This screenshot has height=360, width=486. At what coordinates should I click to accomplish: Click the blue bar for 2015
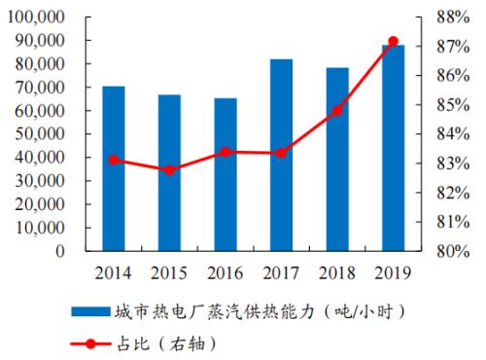pyautogui.click(x=169, y=172)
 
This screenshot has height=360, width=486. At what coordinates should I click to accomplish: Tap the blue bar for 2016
pyautogui.click(x=226, y=174)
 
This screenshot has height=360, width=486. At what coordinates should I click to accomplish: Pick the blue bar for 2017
pyautogui.click(x=281, y=155)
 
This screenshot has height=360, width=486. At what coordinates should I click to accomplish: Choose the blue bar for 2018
pyautogui.click(x=337, y=159)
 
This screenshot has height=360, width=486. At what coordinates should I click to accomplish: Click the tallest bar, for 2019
pyautogui.click(x=393, y=148)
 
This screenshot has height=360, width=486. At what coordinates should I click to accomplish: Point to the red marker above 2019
pyautogui.click(x=393, y=41)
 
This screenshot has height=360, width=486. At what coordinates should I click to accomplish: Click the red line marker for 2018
pyautogui.click(x=337, y=110)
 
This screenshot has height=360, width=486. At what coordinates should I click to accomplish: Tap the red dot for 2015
pyautogui.click(x=169, y=169)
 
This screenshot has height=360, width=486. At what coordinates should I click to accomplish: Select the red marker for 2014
pyautogui.click(x=114, y=160)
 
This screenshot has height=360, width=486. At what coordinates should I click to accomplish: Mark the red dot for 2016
pyautogui.click(x=226, y=152)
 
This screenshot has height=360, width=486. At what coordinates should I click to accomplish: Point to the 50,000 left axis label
pyautogui.click(x=39, y=134)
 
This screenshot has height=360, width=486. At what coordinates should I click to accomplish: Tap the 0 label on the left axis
pyautogui.click(x=60, y=251)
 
